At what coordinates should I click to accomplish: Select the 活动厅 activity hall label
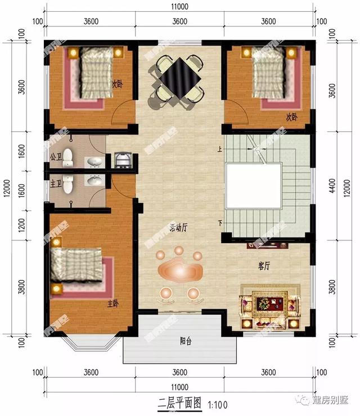point(178,228)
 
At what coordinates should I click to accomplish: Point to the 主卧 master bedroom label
point(113,303)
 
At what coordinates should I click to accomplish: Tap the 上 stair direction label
point(220,149)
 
